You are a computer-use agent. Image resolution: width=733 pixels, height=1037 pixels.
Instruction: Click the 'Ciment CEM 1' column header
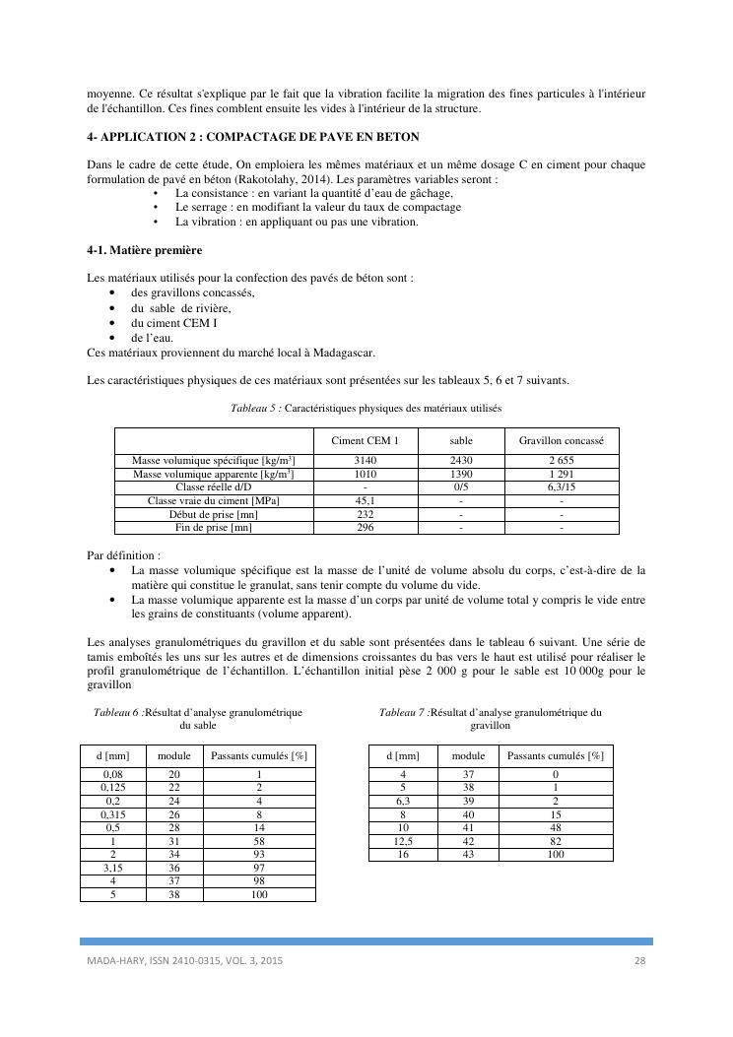(x=366, y=440)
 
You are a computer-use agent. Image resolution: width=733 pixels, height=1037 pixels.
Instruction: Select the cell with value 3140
(x=366, y=461)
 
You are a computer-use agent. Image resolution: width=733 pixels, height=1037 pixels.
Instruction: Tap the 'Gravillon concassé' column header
(x=562, y=440)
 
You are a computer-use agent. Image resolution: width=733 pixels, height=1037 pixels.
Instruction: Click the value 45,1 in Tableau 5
(x=366, y=501)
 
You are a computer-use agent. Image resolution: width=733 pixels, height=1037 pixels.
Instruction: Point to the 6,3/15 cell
(x=562, y=487)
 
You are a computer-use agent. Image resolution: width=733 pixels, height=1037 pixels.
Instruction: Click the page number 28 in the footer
(x=638, y=960)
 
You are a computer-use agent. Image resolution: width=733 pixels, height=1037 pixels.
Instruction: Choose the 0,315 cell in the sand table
(x=113, y=815)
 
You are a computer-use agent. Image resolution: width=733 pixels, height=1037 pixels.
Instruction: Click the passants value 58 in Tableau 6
(x=259, y=842)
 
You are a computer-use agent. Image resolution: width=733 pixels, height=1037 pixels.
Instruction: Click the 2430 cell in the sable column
(x=462, y=461)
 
